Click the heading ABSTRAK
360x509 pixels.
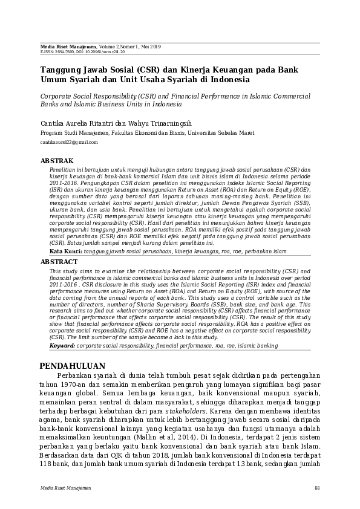[x=57, y=161]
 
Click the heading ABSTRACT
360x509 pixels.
[x=59, y=262]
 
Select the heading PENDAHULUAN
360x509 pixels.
[x=72, y=366]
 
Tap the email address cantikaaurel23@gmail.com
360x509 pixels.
[x=68, y=142]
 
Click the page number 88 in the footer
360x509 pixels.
[x=317, y=488]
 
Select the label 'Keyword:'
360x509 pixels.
[x=62, y=345]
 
